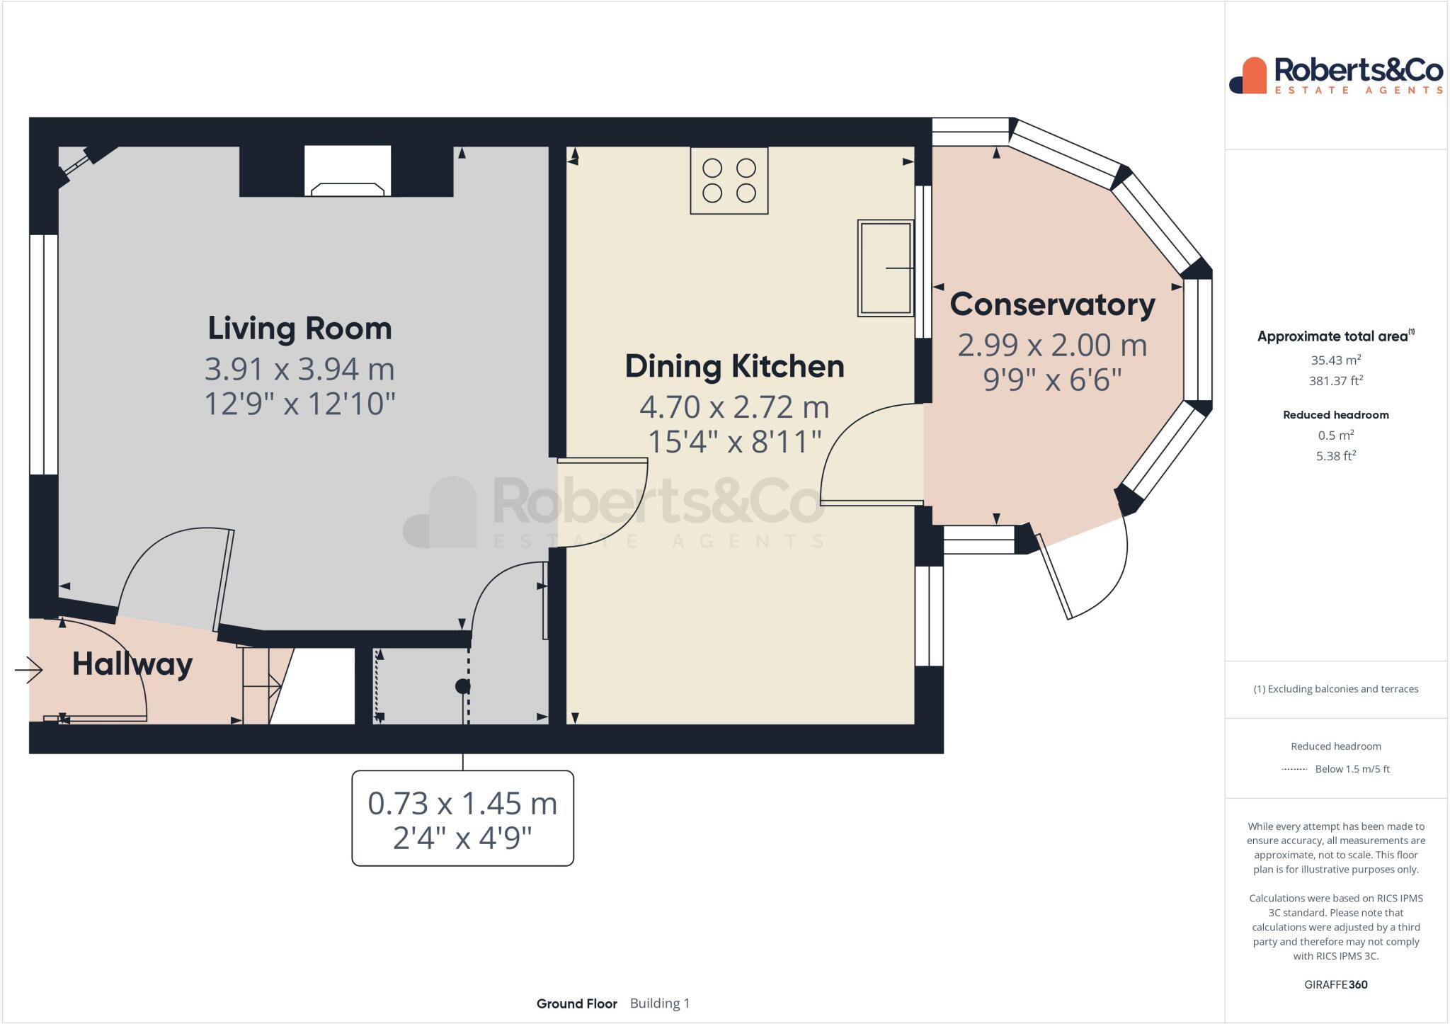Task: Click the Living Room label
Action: (x=299, y=329)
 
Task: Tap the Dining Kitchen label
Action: (x=734, y=367)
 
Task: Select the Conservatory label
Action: (x=1052, y=305)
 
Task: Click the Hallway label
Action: (x=132, y=664)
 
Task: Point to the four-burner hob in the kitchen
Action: (x=729, y=181)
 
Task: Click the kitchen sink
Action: (x=885, y=268)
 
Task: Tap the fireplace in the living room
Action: (x=348, y=171)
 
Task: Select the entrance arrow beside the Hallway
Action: (x=29, y=669)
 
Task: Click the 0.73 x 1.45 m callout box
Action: (x=462, y=818)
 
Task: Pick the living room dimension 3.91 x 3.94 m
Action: (x=299, y=369)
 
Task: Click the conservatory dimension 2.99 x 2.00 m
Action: (x=1052, y=346)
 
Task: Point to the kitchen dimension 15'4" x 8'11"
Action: (x=734, y=442)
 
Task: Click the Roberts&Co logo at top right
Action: (x=1335, y=75)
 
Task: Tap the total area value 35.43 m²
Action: (x=1336, y=360)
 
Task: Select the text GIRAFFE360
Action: (x=1336, y=984)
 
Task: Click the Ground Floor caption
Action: (x=577, y=1003)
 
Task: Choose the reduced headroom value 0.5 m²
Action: (x=1336, y=435)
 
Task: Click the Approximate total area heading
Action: (x=1335, y=336)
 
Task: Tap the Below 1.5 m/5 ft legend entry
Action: (x=1352, y=769)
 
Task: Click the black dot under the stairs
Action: (x=462, y=685)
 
